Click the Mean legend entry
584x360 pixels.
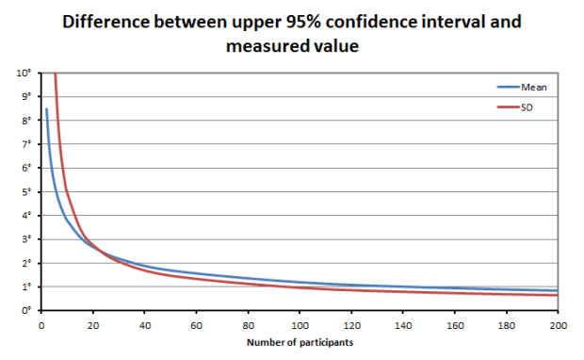point(534,87)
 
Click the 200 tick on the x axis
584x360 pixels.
point(558,325)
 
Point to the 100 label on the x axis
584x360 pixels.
point(300,325)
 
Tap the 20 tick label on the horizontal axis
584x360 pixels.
point(93,325)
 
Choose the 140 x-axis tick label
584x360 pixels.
point(403,325)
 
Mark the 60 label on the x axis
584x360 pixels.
point(197,325)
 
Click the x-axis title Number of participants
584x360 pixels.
point(300,342)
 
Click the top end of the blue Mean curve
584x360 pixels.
point(46,109)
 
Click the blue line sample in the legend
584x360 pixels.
point(509,87)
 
